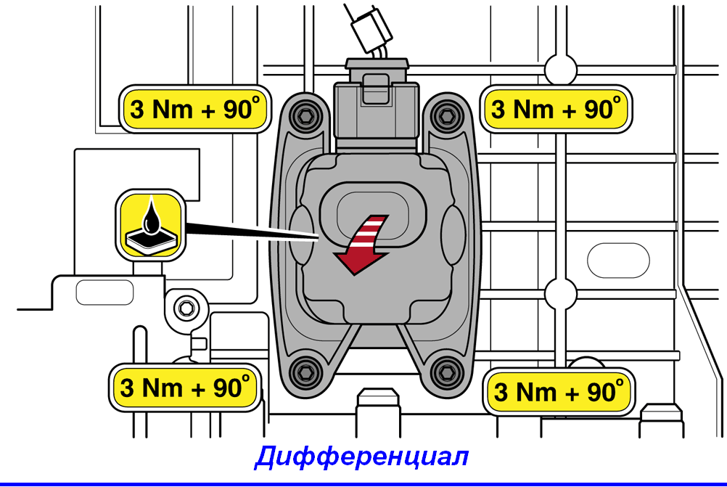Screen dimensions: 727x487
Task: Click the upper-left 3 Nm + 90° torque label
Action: pos(195,110)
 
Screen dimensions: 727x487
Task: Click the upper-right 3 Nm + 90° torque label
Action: pos(556,110)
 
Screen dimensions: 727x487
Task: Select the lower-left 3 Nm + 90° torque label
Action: pos(185,388)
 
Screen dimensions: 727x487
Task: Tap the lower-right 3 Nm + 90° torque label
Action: pos(559,392)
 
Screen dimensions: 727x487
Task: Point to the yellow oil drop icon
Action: pos(151,225)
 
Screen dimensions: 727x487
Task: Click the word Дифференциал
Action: pos(362,457)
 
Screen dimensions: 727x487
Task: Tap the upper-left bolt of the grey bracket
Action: pos(305,115)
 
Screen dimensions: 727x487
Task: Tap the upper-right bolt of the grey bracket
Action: pos(448,115)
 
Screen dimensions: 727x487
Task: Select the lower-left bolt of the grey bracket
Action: pos(305,372)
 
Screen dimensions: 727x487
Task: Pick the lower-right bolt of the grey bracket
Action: pos(447,372)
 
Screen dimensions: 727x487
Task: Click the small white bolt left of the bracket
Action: pos(186,308)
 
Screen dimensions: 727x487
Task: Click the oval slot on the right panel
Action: pos(618,261)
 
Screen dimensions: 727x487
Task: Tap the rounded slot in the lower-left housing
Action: pos(104,292)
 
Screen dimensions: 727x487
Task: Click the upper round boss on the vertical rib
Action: pos(561,70)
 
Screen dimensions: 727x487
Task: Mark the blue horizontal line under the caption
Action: pos(363,484)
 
